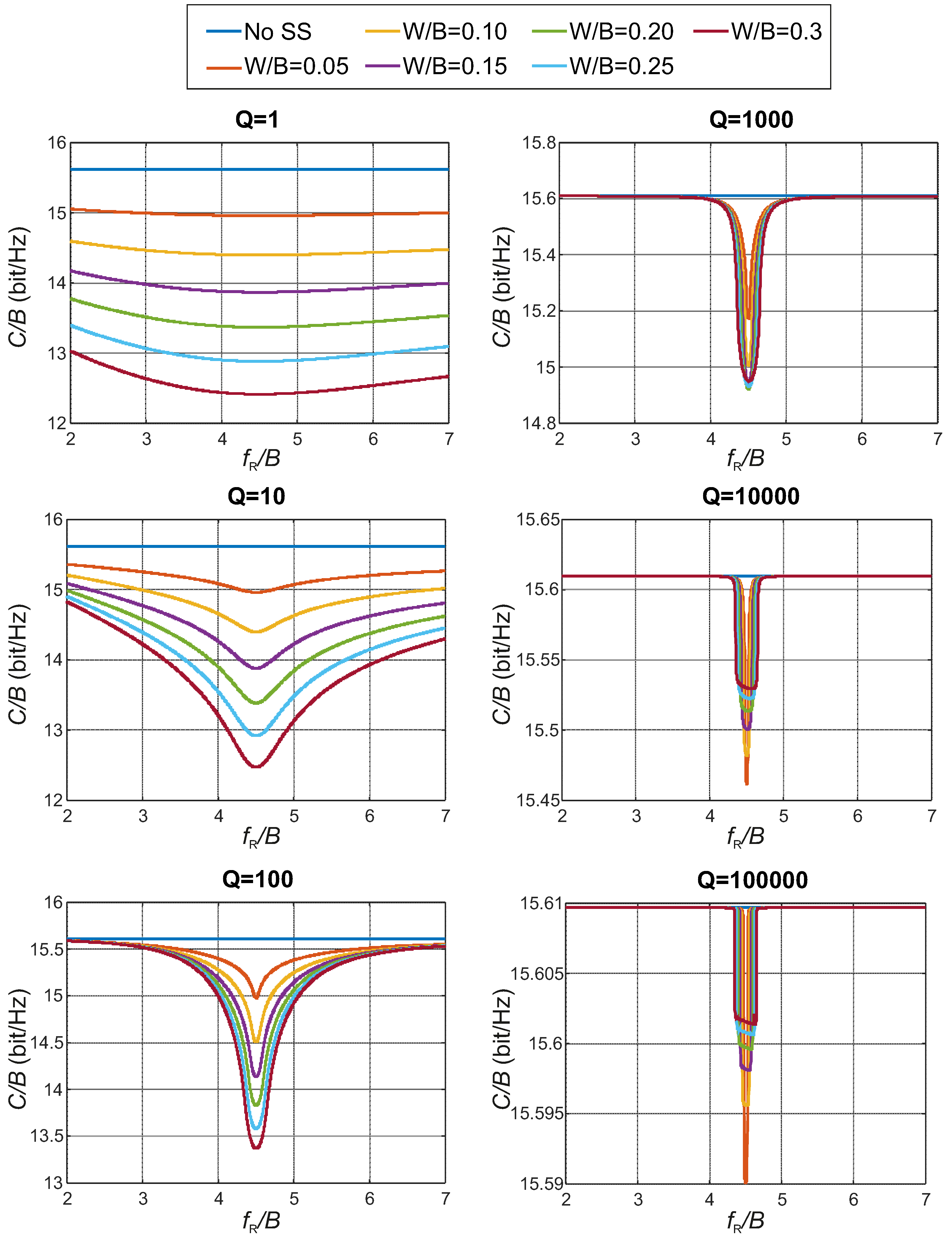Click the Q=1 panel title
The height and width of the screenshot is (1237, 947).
point(257,120)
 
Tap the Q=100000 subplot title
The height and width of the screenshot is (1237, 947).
point(752,880)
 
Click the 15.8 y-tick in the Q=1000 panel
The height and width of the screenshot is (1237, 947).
point(539,143)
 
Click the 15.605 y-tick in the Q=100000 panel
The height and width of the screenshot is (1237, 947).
point(537,973)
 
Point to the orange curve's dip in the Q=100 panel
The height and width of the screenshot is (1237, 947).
point(256,998)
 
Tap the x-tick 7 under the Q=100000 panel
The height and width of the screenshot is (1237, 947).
point(925,1199)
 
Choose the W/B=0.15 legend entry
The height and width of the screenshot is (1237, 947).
point(454,66)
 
